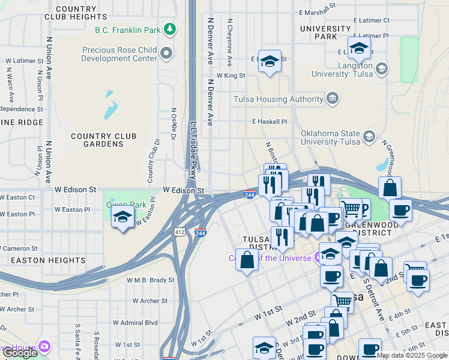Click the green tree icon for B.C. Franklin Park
pos(170,29)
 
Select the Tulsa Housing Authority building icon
pos(332,98)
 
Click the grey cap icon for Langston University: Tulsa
pos(381,69)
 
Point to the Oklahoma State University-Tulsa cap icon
pos(370,137)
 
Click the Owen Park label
pos(126,205)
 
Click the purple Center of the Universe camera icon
pos(318,258)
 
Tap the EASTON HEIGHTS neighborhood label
pos(48,260)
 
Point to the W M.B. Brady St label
pos(150,280)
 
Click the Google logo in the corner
pos(20,353)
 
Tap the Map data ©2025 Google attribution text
pos(411,355)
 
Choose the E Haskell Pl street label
pos(270,121)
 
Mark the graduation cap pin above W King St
pos(270,61)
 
